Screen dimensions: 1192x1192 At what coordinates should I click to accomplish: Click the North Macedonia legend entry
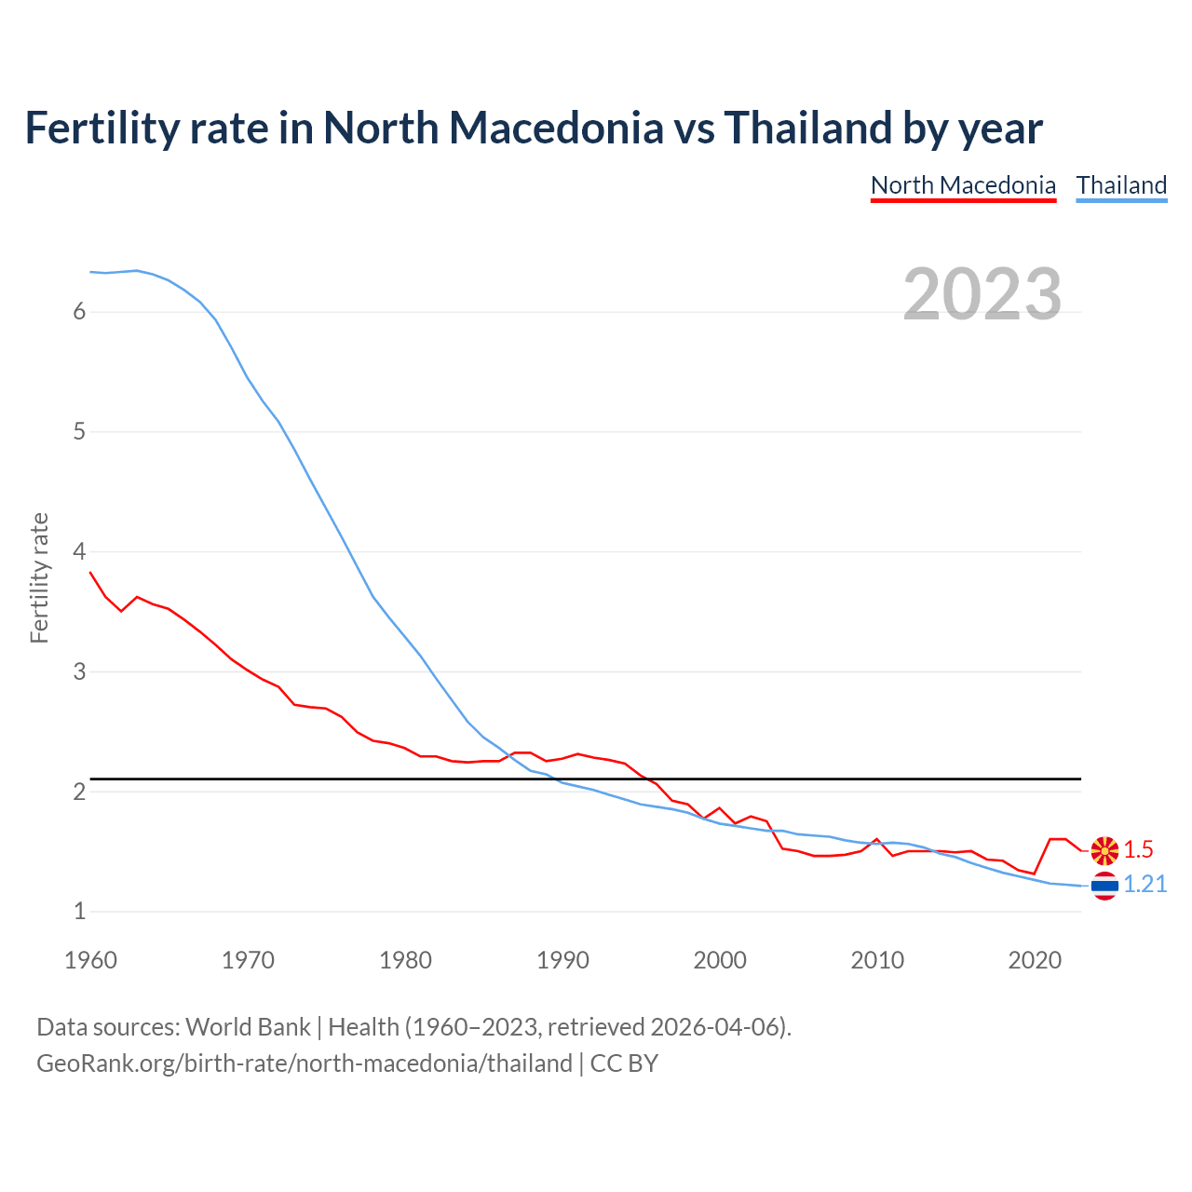pos(963,185)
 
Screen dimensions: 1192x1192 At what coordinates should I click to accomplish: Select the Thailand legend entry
pos(1121,185)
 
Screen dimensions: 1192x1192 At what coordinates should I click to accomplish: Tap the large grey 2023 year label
pos(982,294)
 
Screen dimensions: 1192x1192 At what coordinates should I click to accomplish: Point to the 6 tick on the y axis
pos(79,312)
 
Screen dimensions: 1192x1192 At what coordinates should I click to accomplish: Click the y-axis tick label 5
pos(79,432)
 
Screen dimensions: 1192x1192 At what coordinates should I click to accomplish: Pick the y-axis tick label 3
pos(79,671)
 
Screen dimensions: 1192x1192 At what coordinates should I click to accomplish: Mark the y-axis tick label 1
pos(79,912)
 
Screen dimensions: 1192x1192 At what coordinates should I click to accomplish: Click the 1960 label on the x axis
pos(90,960)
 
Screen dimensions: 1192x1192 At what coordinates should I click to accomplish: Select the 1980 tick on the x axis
pos(405,960)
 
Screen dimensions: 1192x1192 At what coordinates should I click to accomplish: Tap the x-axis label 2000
pos(720,960)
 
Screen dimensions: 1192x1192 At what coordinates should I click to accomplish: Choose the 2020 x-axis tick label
pos(1035,960)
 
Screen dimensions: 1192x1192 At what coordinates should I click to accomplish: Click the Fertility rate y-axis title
pos(39,577)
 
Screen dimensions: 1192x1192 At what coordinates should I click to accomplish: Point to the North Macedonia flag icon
pos(1104,849)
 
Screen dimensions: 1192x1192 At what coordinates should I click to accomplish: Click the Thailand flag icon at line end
pos(1104,886)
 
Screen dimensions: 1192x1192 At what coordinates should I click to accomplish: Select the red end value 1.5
pos(1138,849)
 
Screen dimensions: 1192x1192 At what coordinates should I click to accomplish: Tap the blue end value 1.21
pos(1145,885)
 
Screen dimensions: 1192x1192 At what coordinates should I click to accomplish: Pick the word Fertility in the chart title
pos(102,128)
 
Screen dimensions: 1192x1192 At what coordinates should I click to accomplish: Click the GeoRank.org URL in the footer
pos(304,1063)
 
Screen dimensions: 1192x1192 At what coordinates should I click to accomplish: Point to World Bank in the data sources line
pos(248,1027)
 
